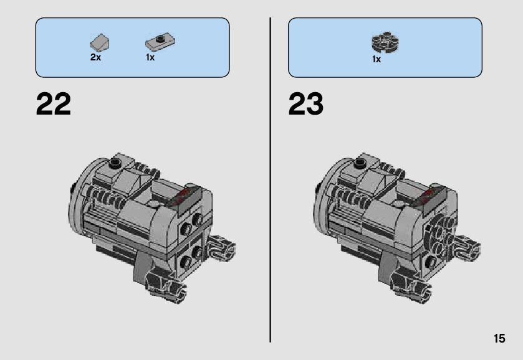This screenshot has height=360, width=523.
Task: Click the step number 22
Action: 54,104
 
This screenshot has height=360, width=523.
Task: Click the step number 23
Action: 306,104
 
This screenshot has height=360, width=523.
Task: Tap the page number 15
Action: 499,338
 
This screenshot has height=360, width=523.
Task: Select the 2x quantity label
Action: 95,57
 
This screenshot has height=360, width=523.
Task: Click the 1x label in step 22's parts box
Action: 150,57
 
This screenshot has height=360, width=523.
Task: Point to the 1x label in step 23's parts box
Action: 377,59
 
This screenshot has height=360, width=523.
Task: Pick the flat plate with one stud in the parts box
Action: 160,42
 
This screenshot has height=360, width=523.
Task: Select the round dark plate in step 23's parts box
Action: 385,42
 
